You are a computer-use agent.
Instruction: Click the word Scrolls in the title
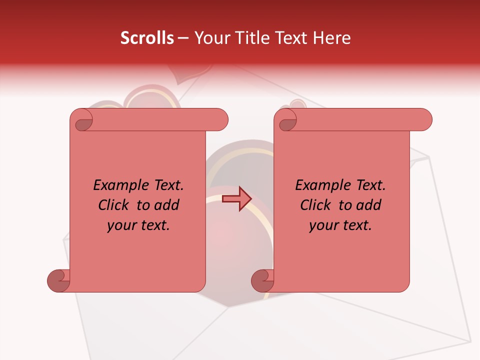tap(147, 38)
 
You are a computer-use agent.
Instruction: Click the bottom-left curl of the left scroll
tap(59, 280)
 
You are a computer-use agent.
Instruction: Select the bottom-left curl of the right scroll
tap(263, 280)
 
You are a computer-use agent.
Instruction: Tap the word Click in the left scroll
tap(115, 205)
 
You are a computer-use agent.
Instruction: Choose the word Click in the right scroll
tap(317, 205)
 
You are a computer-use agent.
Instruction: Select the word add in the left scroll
tap(166, 205)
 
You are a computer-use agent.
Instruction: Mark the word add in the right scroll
tap(368, 205)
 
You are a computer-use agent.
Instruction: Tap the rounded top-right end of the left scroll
tap(220, 119)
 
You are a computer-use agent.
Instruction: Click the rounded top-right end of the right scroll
tap(424, 119)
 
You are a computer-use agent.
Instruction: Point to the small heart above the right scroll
tap(298, 104)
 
